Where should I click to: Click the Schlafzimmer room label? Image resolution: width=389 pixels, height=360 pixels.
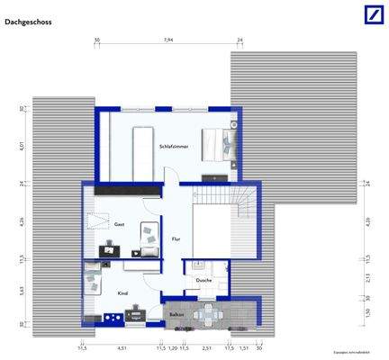pos(174,146)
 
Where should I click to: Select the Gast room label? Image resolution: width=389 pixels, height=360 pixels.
pos(118,224)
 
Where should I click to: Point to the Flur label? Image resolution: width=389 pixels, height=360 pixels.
pos(176,238)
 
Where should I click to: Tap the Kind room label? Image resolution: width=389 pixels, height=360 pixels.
pos(122,293)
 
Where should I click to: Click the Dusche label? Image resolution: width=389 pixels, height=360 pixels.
pos(204,280)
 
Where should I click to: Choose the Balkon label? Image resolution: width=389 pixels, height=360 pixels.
pos(176,314)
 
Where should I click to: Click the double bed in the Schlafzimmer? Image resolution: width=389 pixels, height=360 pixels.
pos(219,144)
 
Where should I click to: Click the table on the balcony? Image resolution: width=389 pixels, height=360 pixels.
pos(211,314)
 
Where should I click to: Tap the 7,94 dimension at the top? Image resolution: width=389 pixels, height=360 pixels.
pos(168,40)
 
